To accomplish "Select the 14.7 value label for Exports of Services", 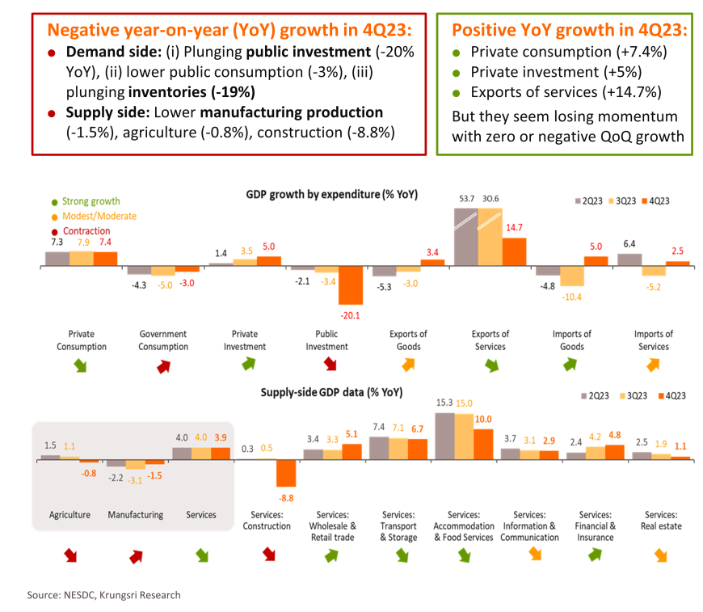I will coord(513,228).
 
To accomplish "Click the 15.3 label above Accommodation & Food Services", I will coord(444,403).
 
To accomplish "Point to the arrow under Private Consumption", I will coord(81,365).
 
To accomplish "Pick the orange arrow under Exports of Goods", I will coord(408,365).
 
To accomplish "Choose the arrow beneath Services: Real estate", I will coord(660,555).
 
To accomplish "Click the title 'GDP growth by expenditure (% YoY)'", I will coord(331,195).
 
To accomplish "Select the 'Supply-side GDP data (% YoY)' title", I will coord(331,393).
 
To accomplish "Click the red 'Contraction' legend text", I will coord(86,231).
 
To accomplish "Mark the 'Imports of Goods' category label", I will coord(571,340).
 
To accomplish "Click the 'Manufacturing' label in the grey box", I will coord(135,515).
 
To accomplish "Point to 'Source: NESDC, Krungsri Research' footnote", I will coord(103,595).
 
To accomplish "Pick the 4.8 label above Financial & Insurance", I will coord(613,434).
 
